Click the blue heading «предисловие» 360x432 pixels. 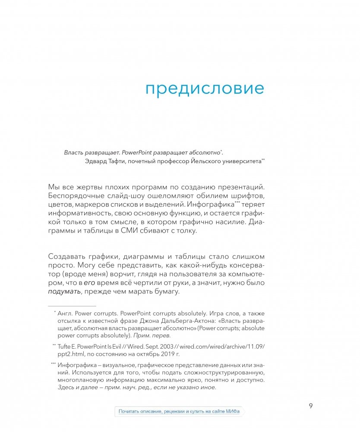[204, 88]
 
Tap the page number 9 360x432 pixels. [311, 405]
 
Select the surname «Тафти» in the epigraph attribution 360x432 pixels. [114, 161]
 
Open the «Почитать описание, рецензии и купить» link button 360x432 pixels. [179, 411]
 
